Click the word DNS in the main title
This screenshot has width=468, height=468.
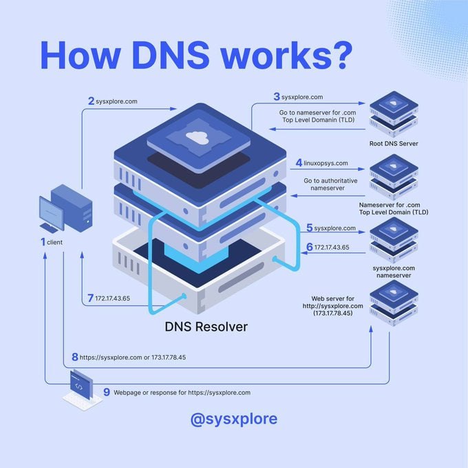click(x=171, y=56)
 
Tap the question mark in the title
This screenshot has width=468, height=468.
click(x=340, y=56)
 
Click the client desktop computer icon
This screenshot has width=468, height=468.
click(x=66, y=208)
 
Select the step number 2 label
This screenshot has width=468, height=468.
click(x=91, y=101)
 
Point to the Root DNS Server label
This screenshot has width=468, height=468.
click(x=394, y=143)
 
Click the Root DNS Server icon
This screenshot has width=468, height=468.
click(x=394, y=114)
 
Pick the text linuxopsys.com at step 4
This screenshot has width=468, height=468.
click(x=326, y=163)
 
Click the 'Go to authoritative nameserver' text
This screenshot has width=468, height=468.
click(x=330, y=184)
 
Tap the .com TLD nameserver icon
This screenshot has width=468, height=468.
click(x=394, y=177)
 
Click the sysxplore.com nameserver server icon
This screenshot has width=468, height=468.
click(x=394, y=240)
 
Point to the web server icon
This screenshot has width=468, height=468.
click(x=394, y=303)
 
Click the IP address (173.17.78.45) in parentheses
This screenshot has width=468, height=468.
click(x=332, y=313)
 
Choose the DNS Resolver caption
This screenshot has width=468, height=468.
click(x=206, y=327)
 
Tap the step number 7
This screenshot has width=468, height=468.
click(x=90, y=298)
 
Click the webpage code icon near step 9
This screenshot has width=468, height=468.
click(x=81, y=389)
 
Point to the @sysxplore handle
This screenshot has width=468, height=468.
click(x=234, y=419)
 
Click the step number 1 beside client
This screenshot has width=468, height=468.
click(x=43, y=242)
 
